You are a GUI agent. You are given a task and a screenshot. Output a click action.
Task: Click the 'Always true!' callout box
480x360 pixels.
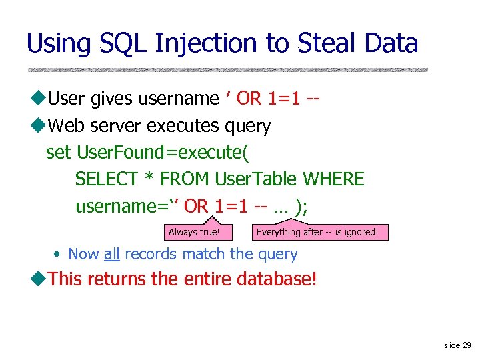coord(193,232)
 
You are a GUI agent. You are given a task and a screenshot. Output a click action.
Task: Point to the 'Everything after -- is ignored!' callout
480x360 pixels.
coord(317,232)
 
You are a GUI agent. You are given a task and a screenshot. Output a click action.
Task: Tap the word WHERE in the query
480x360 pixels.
coord(333,179)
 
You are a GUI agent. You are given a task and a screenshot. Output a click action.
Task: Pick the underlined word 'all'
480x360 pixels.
coord(111,254)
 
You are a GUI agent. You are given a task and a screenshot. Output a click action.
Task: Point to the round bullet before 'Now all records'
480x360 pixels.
coord(58,255)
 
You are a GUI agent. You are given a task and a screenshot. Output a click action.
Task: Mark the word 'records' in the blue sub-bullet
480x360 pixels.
coord(151,254)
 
